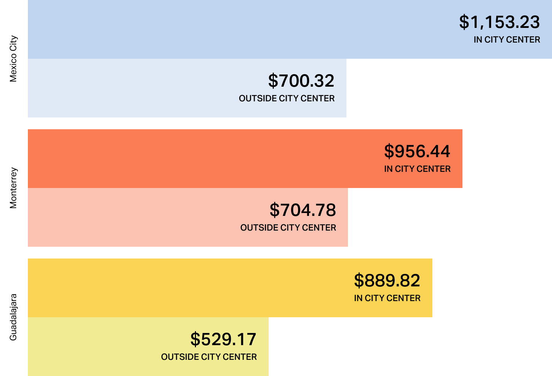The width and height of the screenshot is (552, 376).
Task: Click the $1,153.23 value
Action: [x=500, y=22]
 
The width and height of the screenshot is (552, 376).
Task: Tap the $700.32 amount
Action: [x=301, y=81]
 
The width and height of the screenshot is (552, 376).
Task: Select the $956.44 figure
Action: [x=417, y=151]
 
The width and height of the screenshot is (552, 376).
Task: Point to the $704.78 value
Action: [x=303, y=210]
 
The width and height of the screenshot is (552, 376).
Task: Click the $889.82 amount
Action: [x=387, y=281]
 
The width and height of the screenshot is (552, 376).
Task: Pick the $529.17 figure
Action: [x=223, y=339]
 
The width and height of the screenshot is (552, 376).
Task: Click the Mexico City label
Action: [x=13, y=59]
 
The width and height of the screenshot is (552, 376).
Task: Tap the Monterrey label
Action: [x=13, y=188]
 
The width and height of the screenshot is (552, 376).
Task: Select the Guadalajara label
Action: [x=13, y=317]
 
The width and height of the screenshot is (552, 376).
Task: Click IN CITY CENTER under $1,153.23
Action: [x=506, y=40]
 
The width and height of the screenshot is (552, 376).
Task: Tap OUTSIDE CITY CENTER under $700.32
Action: [x=287, y=98]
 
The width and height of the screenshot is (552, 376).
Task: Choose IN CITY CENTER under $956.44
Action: [x=417, y=169]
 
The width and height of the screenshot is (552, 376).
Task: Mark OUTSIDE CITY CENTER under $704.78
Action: [x=288, y=228]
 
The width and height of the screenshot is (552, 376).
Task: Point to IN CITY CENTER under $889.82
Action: [x=387, y=298]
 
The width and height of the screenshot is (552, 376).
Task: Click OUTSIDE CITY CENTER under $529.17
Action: [x=209, y=357]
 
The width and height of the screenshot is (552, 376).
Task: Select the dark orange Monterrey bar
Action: [x=184, y=159]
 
